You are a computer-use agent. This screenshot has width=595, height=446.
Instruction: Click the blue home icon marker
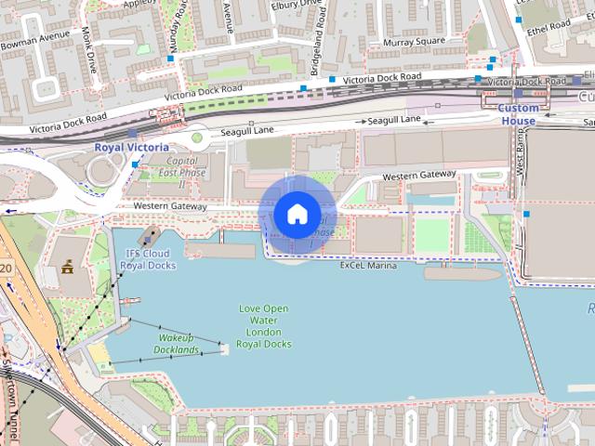[297, 215]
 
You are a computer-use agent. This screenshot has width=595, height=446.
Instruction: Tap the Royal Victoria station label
[131, 147]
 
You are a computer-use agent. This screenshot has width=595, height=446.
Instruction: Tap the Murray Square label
[414, 42]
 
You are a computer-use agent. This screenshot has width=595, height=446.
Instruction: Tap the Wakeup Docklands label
[178, 343]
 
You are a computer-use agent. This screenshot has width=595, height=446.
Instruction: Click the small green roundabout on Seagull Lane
[197, 139]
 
